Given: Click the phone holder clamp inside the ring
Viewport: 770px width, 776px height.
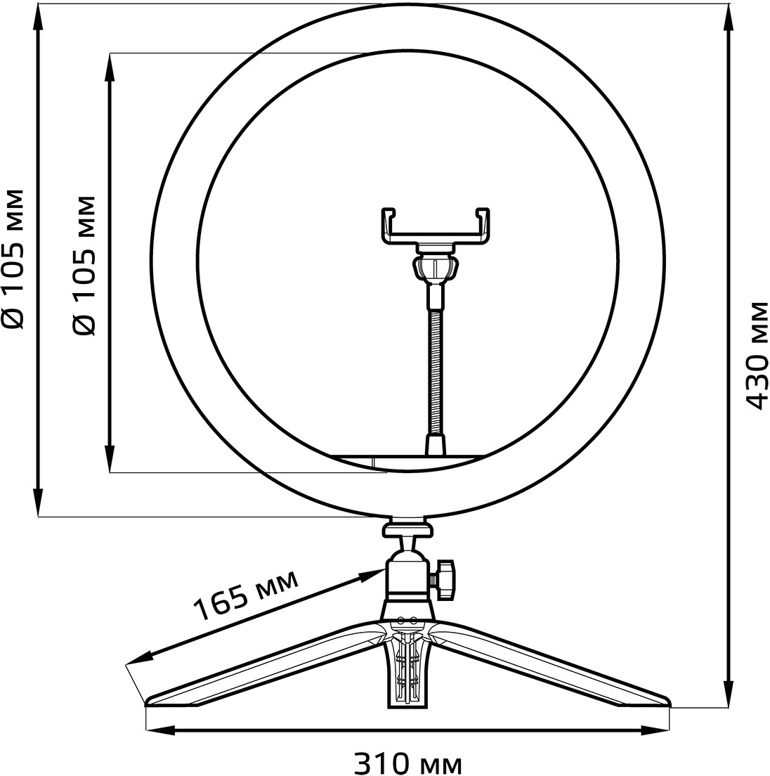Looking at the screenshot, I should (435, 227).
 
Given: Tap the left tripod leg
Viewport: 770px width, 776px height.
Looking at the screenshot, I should (267, 664).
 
